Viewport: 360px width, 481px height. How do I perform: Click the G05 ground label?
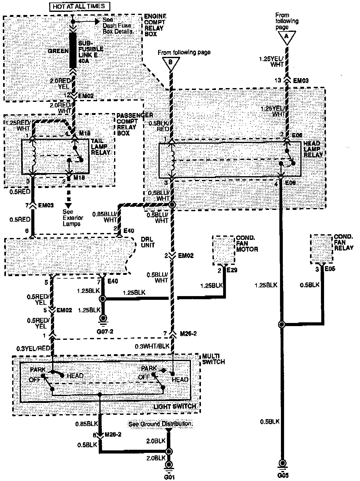pos(283,476)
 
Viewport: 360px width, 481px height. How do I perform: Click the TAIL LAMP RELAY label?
pos(101,147)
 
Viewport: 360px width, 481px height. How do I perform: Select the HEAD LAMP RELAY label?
pos(313,149)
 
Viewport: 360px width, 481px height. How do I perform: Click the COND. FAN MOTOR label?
pos(247,243)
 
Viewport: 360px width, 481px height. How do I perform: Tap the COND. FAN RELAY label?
pos(343,242)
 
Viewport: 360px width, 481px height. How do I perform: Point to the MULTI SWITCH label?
pos(213,359)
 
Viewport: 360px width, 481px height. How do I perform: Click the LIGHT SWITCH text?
pos(175,406)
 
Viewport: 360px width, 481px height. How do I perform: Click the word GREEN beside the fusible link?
pos(59,51)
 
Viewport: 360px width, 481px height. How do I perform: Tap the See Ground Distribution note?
pos(161,424)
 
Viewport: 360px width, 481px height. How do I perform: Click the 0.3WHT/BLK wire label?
pos(152,346)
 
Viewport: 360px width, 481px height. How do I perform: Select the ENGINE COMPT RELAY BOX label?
pos(155,25)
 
